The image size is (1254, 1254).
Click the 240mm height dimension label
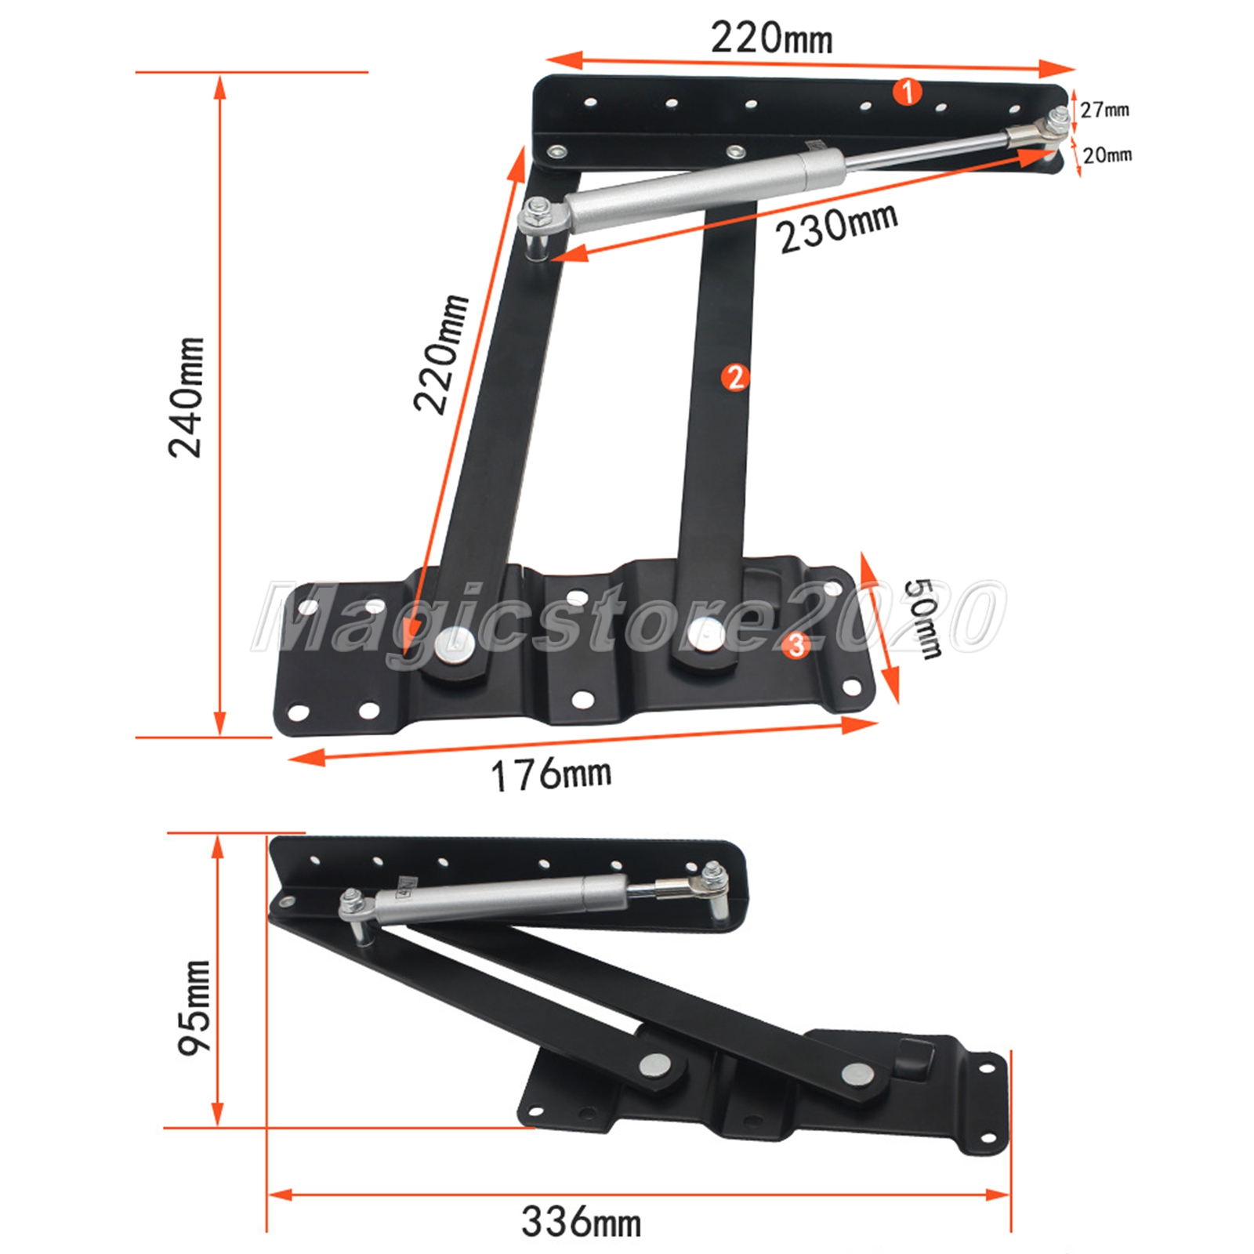187,397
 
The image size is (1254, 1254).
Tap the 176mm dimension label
551,774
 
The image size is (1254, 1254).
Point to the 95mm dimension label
194,1007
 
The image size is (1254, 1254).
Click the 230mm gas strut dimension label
837,227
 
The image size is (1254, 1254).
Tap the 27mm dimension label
1105,110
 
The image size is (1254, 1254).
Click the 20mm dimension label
1107,154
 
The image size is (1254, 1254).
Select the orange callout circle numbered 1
908,92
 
